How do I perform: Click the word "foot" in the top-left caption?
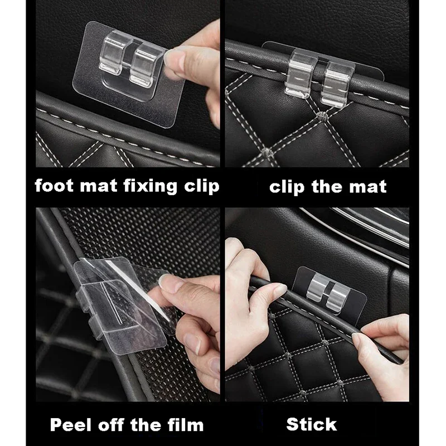[54, 186]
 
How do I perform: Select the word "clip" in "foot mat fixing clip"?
[202, 187]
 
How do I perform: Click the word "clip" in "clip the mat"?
[287, 187]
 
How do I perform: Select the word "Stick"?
[312, 424]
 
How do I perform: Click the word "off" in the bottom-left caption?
[111, 425]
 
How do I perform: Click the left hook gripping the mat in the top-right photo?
[300, 73]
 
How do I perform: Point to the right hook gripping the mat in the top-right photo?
[337, 84]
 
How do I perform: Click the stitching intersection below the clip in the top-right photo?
[321, 116]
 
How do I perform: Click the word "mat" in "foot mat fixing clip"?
[98, 187]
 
